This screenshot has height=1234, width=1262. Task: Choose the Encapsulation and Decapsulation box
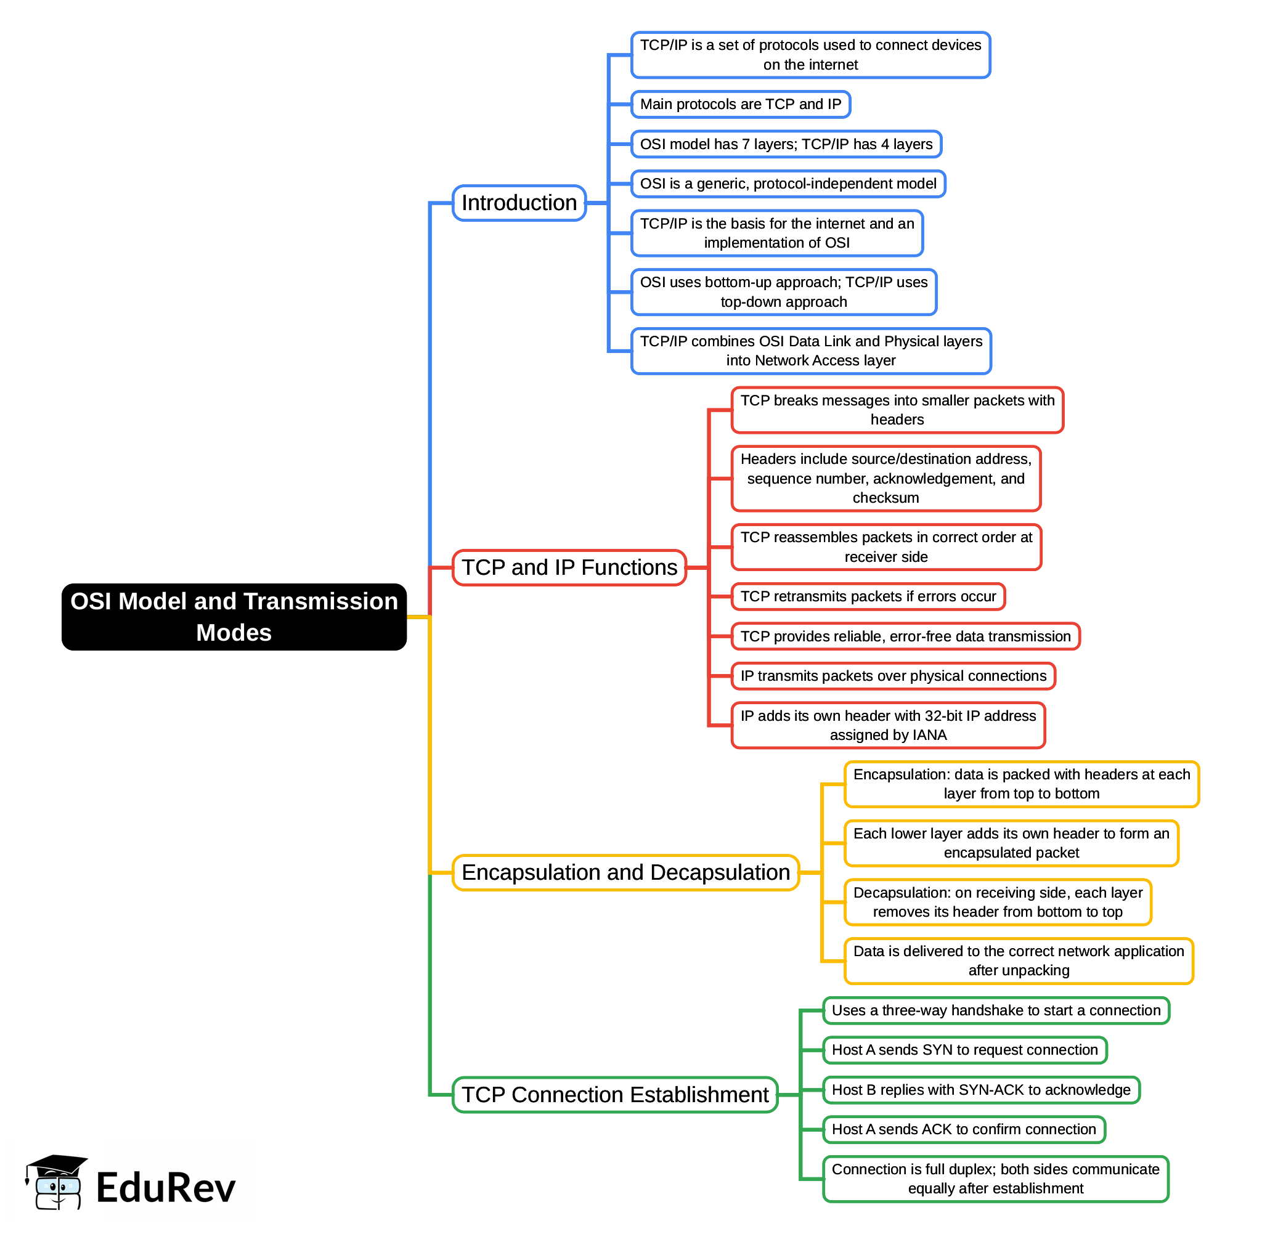tap(625, 872)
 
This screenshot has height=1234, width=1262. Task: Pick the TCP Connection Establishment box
tap(614, 1095)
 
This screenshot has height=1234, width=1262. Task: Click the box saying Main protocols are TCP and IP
tap(740, 104)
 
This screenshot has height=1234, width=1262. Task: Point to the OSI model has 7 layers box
tap(786, 144)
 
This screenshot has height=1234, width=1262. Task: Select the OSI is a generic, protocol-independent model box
tap(788, 184)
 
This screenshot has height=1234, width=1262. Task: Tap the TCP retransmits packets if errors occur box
tap(867, 596)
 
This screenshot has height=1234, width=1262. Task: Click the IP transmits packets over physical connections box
tap(892, 676)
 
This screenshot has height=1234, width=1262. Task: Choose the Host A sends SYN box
tap(964, 1050)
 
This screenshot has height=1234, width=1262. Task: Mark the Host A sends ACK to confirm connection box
tap(963, 1129)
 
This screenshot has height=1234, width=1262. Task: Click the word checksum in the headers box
tap(885, 498)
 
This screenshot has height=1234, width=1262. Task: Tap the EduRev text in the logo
tap(165, 1188)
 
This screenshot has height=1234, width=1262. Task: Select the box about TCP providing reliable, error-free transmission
tap(905, 636)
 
